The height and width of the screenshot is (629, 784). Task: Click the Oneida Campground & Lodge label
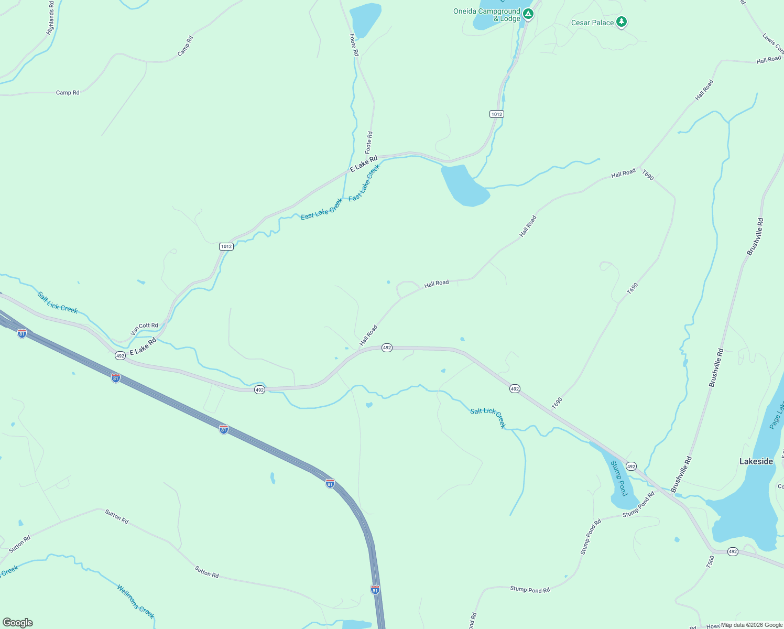pyautogui.click(x=486, y=15)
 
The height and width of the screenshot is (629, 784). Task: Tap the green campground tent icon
pyautogui.click(x=528, y=14)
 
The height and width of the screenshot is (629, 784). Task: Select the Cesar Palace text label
pyautogui.click(x=592, y=23)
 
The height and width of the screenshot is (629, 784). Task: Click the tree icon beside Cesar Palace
pyautogui.click(x=622, y=21)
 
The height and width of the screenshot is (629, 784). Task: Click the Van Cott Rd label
pyautogui.click(x=144, y=328)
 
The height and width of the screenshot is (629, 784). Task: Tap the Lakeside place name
pyautogui.click(x=756, y=461)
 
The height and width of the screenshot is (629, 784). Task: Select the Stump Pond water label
pyautogui.click(x=619, y=478)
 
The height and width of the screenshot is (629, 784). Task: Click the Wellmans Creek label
pyautogui.click(x=136, y=601)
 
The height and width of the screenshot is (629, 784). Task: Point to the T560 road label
pyautogui.click(x=710, y=562)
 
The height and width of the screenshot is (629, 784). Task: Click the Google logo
pyautogui.click(x=17, y=623)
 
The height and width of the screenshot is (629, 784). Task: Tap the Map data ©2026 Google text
pyautogui.click(x=751, y=625)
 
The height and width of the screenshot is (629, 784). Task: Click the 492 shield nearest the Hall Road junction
pyautogui.click(x=387, y=348)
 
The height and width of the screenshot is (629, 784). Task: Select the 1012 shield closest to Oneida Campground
pyautogui.click(x=496, y=114)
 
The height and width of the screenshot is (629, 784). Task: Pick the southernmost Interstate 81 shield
pyautogui.click(x=375, y=590)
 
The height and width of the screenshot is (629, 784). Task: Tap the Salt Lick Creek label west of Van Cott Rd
pyautogui.click(x=58, y=303)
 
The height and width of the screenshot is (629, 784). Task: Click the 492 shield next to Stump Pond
pyautogui.click(x=631, y=466)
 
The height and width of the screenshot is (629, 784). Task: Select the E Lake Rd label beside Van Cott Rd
pyautogui.click(x=143, y=346)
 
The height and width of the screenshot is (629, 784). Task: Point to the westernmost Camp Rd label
pyautogui.click(x=68, y=93)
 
